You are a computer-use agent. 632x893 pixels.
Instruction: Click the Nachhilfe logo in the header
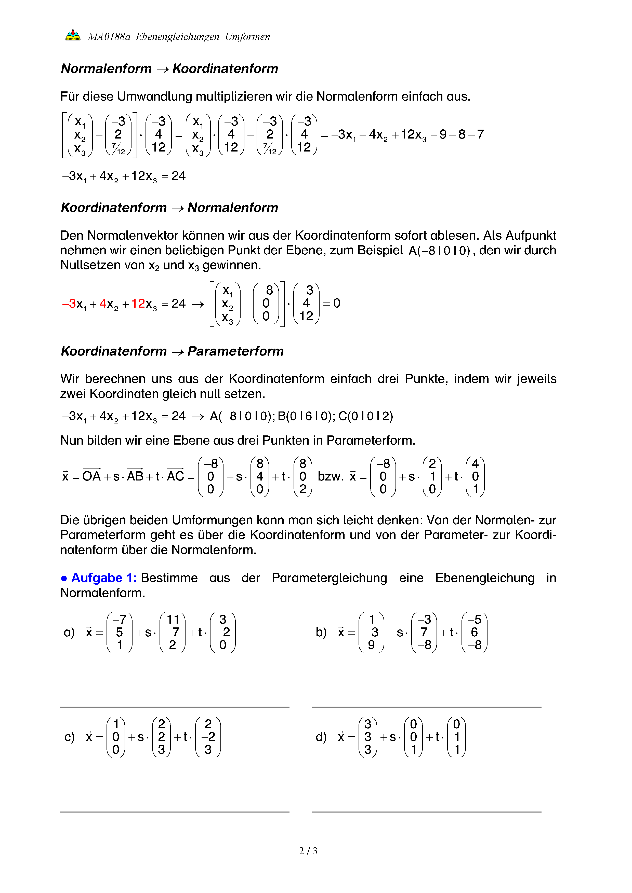pyautogui.click(x=73, y=35)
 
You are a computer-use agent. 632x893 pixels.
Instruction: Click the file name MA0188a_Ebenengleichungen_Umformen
pyautogui.click(x=179, y=37)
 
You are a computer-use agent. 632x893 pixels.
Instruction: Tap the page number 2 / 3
pyautogui.click(x=308, y=851)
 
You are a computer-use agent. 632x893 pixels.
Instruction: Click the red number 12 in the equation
pyautogui.click(x=138, y=303)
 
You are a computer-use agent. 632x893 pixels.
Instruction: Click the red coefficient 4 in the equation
pyautogui.click(x=103, y=303)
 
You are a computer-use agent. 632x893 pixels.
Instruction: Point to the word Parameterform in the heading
pyautogui.click(x=235, y=351)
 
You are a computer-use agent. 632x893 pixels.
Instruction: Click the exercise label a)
pyautogui.click(x=69, y=632)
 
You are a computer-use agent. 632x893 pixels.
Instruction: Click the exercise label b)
pyautogui.click(x=321, y=632)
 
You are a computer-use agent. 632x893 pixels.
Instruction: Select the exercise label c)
pyautogui.click(x=69, y=737)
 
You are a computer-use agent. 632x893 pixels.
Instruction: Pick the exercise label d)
pyautogui.click(x=321, y=737)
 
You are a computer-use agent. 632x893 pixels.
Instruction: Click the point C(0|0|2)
pyautogui.click(x=366, y=416)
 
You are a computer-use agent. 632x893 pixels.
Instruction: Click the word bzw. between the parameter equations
pyautogui.click(x=331, y=476)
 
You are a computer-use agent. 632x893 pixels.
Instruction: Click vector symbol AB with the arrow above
pyautogui.click(x=135, y=475)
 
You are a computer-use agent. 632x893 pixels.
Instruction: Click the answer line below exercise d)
pyautogui.click(x=427, y=812)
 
